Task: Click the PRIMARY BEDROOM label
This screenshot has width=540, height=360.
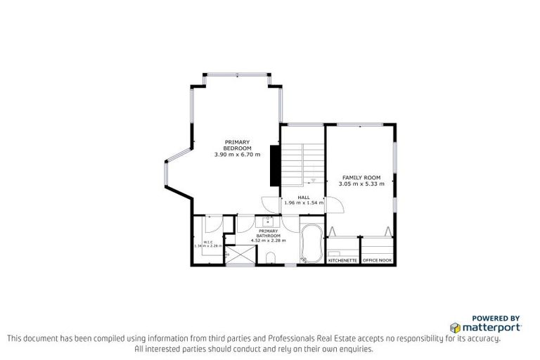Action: click(x=237, y=145)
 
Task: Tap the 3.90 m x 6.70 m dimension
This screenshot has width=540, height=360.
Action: click(x=237, y=155)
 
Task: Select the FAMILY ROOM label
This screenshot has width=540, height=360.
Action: click(x=361, y=177)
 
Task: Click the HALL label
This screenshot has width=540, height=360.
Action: click(x=304, y=198)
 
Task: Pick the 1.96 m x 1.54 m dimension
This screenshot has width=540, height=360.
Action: click(x=304, y=203)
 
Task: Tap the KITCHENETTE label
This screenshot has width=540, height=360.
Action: click(x=342, y=261)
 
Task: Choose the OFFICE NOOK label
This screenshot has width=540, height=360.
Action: click(x=377, y=261)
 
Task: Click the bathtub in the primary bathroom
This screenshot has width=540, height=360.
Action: click(x=310, y=243)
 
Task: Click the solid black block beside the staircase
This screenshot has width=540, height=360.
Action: click(x=275, y=167)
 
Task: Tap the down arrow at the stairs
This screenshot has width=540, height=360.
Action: click(x=312, y=180)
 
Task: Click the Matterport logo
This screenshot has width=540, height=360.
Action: click(x=486, y=327)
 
